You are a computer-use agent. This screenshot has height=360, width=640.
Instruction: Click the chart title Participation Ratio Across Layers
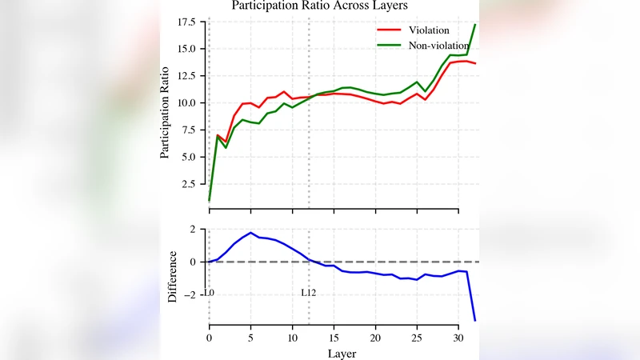tap(320, 6)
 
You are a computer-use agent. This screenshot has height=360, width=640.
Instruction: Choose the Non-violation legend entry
tap(439, 46)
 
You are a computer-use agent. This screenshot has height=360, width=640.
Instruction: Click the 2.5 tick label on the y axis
tap(188, 184)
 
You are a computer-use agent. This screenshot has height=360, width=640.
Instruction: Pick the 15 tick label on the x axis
tap(334, 338)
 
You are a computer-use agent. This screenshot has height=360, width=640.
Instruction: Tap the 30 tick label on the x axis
tap(458, 338)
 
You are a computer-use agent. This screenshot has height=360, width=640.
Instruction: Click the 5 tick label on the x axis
tap(251, 338)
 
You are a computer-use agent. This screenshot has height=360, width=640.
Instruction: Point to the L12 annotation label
tap(308, 294)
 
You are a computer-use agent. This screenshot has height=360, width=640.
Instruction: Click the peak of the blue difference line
tap(251, 233)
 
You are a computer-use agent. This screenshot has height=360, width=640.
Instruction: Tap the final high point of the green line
tap(475, 25)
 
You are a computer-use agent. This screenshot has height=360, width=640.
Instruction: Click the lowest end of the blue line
tap(475, 321)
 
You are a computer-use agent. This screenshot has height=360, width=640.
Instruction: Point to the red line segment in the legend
tap(389, 30)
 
